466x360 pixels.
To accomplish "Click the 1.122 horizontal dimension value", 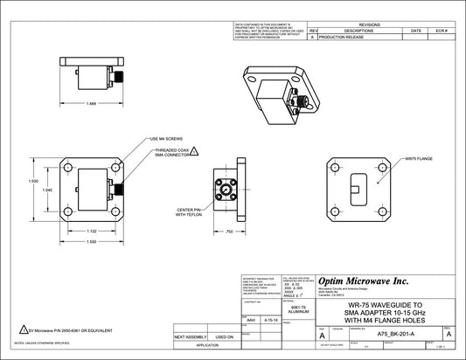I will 91,231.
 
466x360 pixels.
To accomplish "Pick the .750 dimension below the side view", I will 228,231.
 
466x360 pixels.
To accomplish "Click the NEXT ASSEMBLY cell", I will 190,336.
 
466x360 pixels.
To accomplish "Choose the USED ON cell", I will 224,336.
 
